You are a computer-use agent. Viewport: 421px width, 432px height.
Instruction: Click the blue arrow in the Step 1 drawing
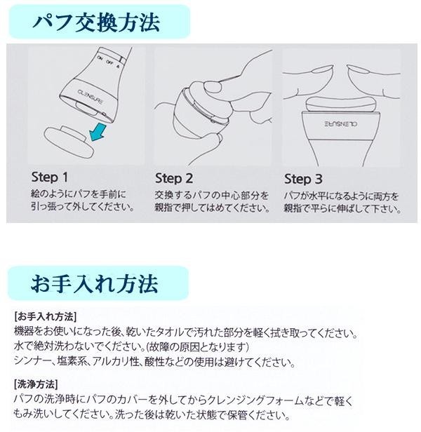(98, 132)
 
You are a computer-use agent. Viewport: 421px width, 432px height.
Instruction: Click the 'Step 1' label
(50, 177)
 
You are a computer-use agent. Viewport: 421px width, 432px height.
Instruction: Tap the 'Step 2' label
(174, 179)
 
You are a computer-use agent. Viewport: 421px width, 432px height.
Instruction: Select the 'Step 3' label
(303, 179)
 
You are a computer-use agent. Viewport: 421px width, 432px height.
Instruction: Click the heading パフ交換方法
(96, 22)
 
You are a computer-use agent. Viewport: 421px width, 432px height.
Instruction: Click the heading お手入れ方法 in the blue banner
(95, 283)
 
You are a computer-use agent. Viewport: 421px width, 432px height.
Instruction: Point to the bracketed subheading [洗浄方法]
(36, 384)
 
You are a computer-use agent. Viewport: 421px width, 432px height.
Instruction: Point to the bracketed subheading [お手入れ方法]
(45, 316)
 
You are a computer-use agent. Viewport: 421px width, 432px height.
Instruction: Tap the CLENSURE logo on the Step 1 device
(91, 97)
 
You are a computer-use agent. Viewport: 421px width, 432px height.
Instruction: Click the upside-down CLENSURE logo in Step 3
(341, 124)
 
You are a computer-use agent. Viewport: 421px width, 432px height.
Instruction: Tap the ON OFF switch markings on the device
(109, 62)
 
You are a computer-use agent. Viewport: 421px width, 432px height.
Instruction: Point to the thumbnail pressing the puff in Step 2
(213, 87)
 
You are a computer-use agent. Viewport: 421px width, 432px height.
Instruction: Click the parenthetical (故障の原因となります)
(197, 347)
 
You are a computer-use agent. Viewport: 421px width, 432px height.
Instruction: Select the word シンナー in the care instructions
(32, 361)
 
